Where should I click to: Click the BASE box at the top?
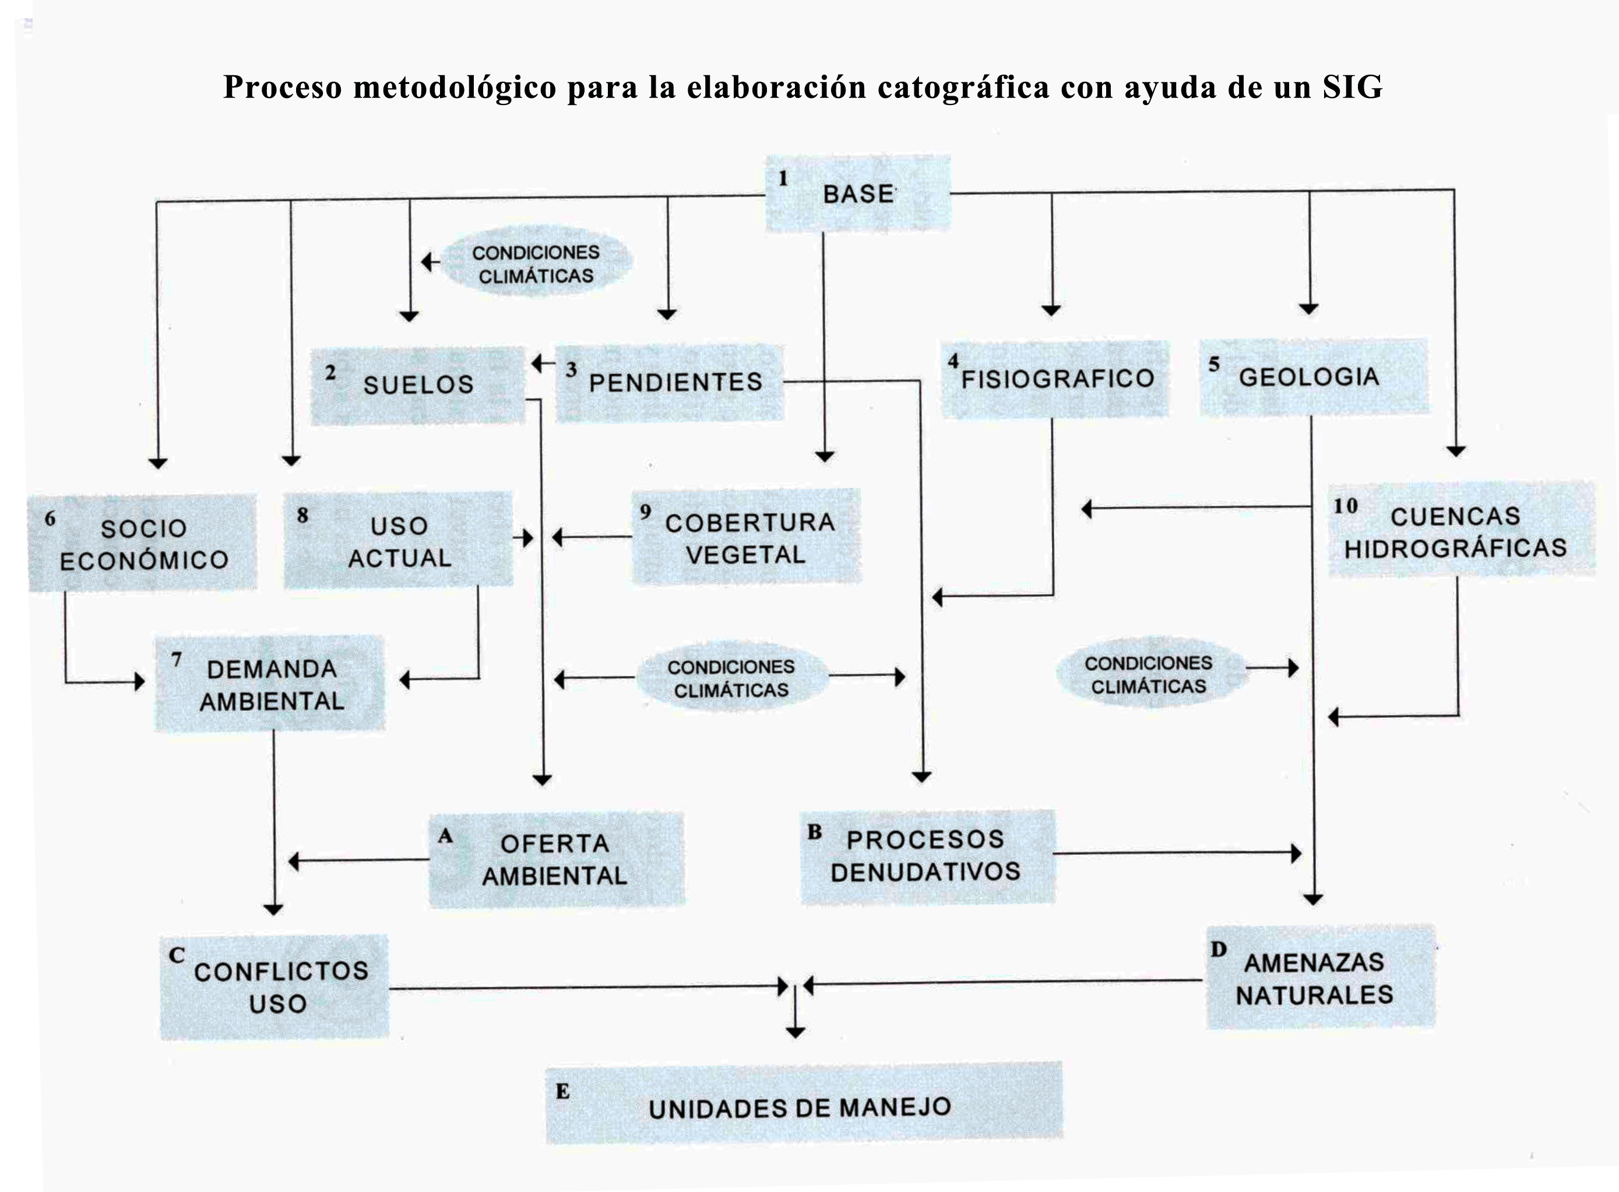coord(857,194)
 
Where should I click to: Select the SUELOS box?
coord(417,385)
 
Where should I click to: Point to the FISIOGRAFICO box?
coord(1055,379)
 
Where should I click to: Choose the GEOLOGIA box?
coord(1313,377)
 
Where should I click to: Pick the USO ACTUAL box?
coord(398,541)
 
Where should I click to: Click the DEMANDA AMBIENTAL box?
coord(270,684)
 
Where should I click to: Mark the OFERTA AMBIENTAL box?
coord(557,860)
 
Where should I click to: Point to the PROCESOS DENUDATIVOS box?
coord(927,857)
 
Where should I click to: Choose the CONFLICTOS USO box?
coord(274,987)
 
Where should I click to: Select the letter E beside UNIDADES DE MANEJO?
coord(562,1092)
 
